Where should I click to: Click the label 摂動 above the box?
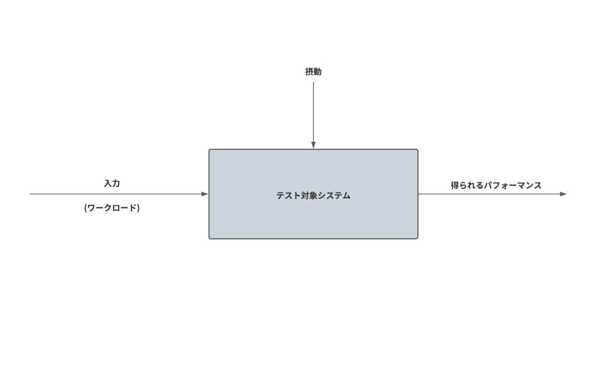point(313,72)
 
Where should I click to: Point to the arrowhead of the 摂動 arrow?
point(313,145)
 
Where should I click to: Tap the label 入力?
point(112,184)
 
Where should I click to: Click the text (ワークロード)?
point(112,208)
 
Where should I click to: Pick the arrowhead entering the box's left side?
point(204,194)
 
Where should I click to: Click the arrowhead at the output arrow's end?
point(563,194)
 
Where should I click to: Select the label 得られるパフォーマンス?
point(496,185)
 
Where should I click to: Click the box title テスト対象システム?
point(313,196)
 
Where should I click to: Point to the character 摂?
point(309,72)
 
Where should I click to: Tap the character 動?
point(317,72)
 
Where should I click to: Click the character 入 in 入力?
point(107,184)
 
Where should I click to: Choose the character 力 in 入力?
point(116,184)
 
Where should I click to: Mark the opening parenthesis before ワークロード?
point(86,208)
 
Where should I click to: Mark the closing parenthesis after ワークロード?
point(138,208)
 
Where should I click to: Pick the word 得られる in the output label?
point(467,185)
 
